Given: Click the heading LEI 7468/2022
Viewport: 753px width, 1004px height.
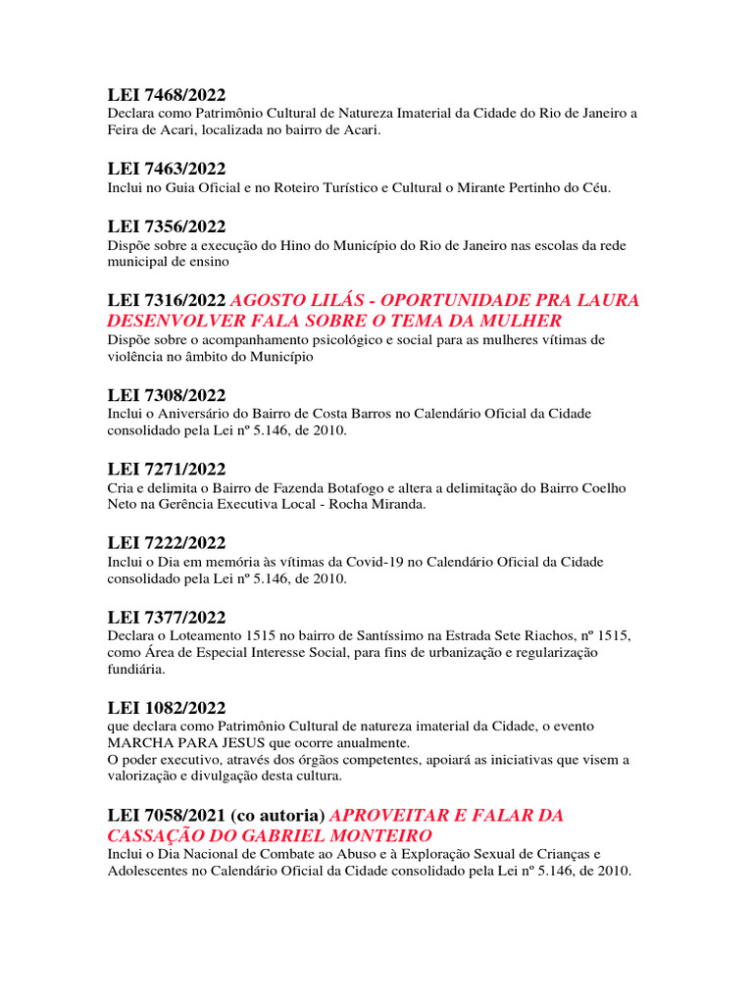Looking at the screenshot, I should [167, 95].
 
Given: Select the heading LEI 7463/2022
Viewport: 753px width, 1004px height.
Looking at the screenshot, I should [167, 169].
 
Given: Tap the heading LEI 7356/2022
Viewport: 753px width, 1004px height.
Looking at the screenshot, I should [167, 226].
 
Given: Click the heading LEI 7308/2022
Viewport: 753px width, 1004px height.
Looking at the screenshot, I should [167, 395].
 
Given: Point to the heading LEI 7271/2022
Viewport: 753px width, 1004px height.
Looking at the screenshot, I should [167, 469].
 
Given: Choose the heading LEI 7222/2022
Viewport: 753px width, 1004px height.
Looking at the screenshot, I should [167, 543].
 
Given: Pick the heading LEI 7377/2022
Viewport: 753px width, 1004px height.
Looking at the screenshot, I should [167, 617].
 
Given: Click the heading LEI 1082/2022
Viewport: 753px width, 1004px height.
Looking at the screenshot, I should [167, 707].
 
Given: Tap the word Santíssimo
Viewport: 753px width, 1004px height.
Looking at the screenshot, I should [371, 636].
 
